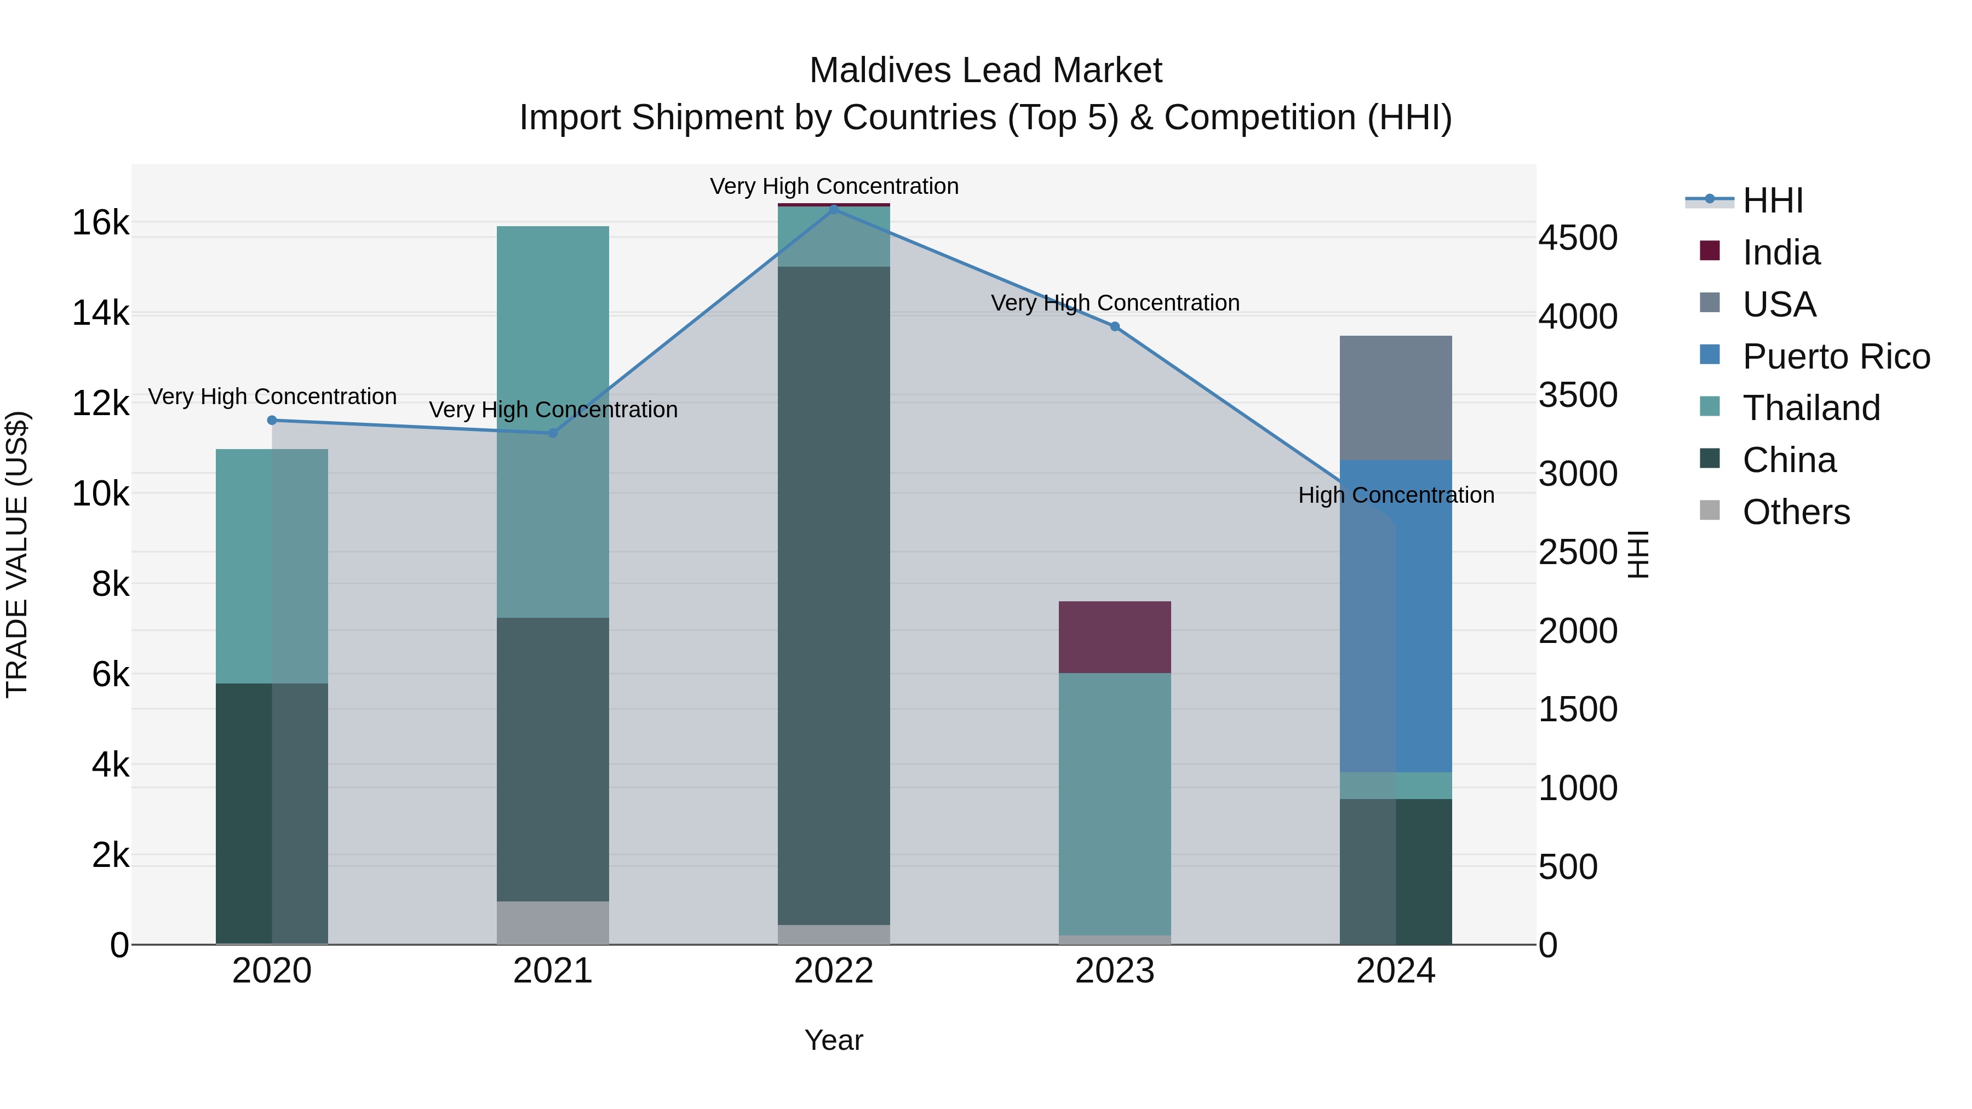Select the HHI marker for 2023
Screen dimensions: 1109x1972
click(1115, 327)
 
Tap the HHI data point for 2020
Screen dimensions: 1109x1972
click(272, 420)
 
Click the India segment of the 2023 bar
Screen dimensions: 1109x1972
click(1115, 637)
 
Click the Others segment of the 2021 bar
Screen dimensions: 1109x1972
click(553, 922)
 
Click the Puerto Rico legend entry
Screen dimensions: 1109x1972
click(1836, 357)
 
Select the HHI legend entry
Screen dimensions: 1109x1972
click(1772, 200)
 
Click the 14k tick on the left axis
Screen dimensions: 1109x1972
click(100, 313)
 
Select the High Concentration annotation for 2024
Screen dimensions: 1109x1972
click(1396, 495)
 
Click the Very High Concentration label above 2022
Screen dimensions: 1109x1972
click(834, 186)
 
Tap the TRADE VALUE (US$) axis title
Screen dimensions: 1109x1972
click(17, 554)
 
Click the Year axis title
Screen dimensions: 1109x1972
click(834, 1040)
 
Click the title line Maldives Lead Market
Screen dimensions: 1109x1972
click(985, 71)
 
